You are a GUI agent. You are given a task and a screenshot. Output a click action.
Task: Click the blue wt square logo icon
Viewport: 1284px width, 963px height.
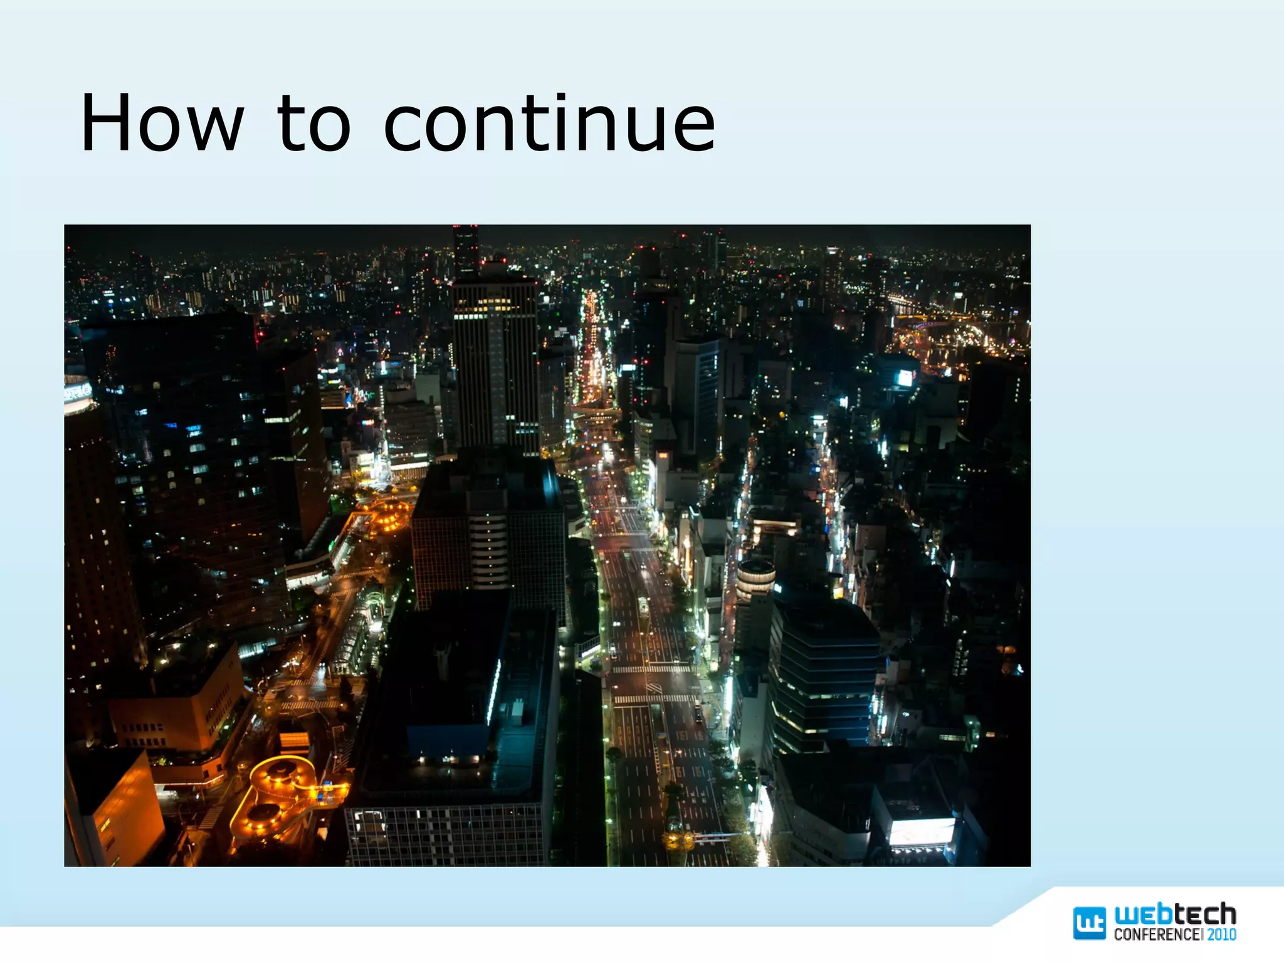(x=1089, y=923)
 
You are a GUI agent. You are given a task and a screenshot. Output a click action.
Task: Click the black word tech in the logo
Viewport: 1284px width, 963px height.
(x=1205, y=915)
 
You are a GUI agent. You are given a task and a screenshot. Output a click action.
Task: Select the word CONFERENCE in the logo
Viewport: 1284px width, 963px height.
(x=1157, y=934)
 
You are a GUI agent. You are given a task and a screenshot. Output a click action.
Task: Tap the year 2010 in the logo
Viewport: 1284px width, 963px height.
(x=1222, y=934)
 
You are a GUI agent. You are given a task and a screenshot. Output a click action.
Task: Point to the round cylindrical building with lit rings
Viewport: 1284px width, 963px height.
(x=755, y=578)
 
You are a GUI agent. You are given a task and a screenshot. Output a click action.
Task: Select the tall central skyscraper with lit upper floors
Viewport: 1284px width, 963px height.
(x=495, y=364)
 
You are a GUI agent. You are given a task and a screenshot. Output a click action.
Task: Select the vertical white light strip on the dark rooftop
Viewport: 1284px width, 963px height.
(x=494, y=693)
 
